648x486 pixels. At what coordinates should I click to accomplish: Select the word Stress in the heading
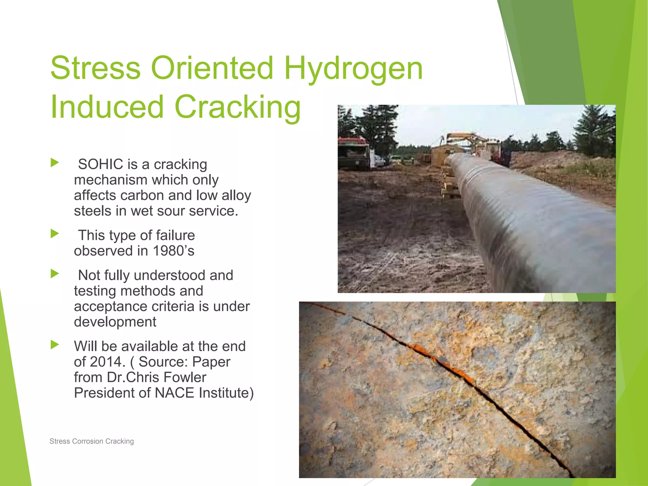coord(95,68)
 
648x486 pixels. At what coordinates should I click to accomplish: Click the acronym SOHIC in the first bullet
coord(101,164)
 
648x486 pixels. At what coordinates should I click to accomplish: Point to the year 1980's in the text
coord(174,251)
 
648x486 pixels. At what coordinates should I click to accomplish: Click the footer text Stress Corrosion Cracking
coord(92,441)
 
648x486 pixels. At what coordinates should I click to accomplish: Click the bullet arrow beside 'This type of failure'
coord(55,234)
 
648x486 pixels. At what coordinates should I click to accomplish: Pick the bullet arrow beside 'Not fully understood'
coord(55,274)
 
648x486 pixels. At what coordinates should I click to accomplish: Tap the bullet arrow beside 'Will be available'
coord(55,345)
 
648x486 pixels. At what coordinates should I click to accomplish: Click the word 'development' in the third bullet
coord(115,322)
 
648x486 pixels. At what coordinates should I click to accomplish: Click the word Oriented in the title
coord(212,68)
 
